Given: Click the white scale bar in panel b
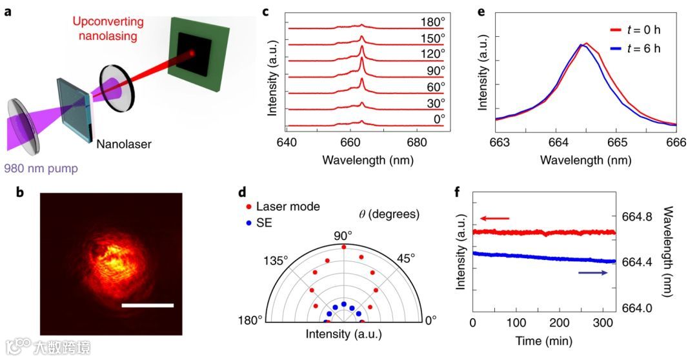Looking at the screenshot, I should point(148,305).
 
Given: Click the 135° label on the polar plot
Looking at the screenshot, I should point(281,259).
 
